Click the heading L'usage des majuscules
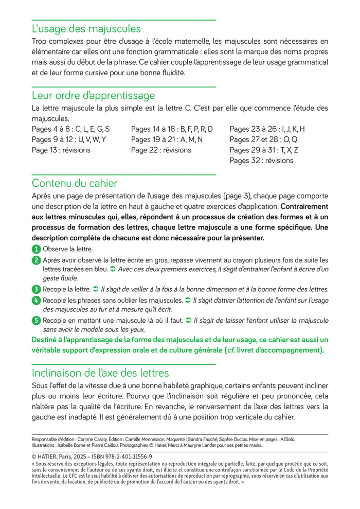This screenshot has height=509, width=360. coord(86,29)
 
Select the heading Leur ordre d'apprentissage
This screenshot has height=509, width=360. coord(93,95)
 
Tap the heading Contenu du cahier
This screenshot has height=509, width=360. coord(75,183)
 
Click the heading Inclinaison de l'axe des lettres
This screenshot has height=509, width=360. coord(100,373)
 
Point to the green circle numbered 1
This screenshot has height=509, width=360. coord(36,249)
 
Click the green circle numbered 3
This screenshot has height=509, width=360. coord(36,289)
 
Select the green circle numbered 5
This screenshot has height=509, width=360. coord(36,321)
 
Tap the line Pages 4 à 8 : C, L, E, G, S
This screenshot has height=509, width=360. coord(70,129)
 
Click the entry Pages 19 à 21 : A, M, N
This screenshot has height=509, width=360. coord(167,139)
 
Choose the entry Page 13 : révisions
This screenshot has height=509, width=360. coord(61,150)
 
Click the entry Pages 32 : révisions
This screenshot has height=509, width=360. coord(261,161)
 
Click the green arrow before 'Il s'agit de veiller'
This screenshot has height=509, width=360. coord(95,289)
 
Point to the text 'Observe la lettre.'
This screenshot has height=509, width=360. coord(67,249)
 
